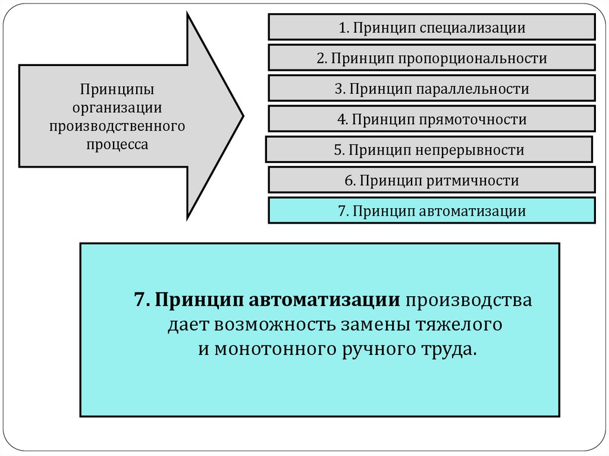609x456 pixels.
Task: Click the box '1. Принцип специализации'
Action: click(431, 27)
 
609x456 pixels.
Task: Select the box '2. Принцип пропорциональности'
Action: click(431, 58)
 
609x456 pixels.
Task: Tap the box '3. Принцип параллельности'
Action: click(431, 89)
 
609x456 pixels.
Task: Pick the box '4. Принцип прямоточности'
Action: click(431, 119)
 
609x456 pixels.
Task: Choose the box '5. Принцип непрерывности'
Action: click(428, 150)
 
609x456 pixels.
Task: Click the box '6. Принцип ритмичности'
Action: click(431, 180)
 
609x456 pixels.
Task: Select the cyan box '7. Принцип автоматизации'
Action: click(431, 211)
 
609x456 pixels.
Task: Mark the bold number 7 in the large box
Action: click(140, 300)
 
